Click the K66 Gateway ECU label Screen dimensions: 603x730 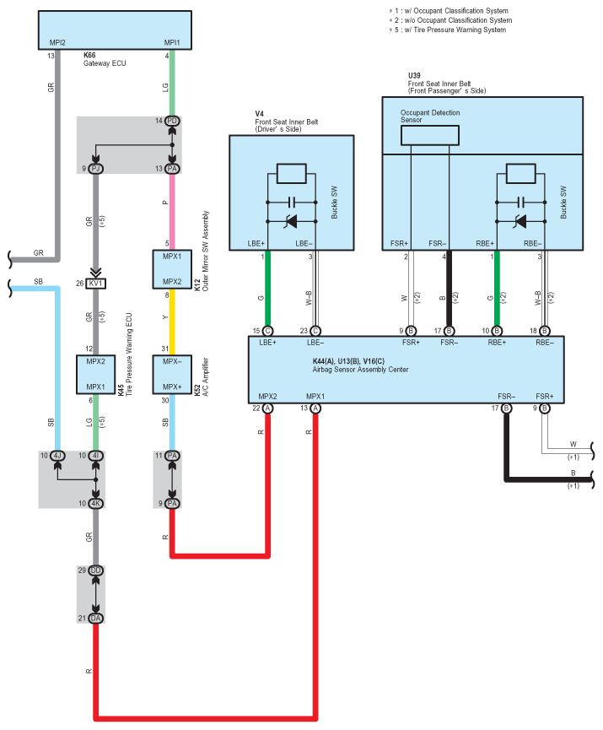(105, 59)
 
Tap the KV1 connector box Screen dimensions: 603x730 (96, 283)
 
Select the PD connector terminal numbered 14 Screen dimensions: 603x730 (172, 121)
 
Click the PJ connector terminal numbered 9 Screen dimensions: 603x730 (96, 169)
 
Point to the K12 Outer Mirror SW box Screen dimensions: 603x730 (172, 269)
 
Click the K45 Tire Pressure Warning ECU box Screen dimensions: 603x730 (96, 375)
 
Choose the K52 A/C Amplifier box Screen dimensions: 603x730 (172, 375)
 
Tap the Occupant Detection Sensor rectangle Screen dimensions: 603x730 (430, 136)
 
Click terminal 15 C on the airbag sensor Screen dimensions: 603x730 (267, 331)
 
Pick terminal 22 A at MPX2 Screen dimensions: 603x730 (267, 408)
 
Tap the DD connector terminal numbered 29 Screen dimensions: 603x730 (96, 570)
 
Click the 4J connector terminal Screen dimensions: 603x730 (57, 456)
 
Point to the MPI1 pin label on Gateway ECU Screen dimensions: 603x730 (172, 42)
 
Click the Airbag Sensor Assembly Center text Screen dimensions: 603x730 (361, 370)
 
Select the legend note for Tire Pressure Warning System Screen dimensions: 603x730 (448, 30)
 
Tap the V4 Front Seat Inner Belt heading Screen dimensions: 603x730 (286, 122)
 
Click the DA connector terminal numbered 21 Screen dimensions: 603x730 (96, 619)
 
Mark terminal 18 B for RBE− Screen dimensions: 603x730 (544, 331)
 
